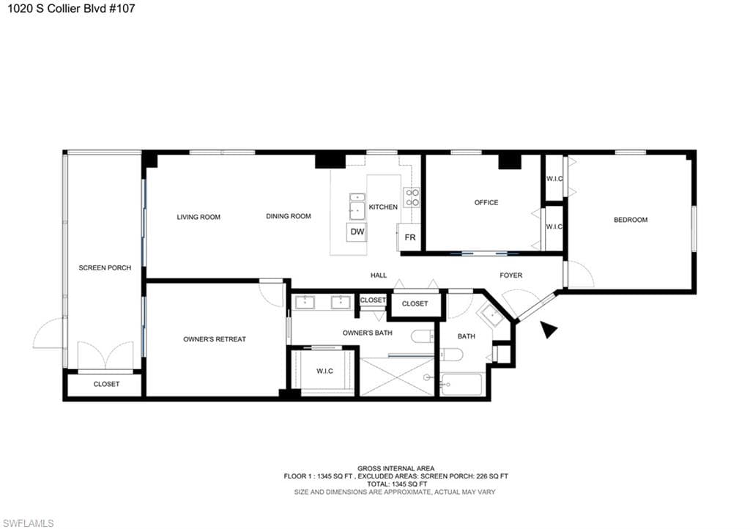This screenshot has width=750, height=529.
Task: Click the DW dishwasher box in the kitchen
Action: (357, 232)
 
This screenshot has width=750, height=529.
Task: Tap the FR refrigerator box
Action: (409, 237)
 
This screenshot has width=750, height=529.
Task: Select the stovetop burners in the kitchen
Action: (412, 198)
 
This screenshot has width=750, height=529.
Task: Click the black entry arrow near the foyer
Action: (548, 330)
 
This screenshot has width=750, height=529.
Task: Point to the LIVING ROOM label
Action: (198, 217)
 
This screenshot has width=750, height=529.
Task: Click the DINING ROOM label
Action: (289, 216)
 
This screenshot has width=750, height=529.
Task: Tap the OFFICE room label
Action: (486, 202)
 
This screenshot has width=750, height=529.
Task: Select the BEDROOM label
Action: (631, 220)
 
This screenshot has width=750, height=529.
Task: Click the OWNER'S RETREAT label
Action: (215, 339)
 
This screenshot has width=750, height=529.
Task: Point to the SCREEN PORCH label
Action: (105, 268)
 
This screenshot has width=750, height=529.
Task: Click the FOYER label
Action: (510, 275)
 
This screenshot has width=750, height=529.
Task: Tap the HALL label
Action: (379, 275)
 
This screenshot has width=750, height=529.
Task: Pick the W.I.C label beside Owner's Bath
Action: (324, 371)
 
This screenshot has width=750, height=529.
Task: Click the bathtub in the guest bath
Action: (461, 384)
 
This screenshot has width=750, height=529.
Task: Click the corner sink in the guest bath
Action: (491, 316)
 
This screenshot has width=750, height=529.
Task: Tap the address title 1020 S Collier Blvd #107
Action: (71, 8)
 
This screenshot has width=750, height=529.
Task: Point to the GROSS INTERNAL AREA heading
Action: (396, 469)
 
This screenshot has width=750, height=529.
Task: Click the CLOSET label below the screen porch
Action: (106, 384)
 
